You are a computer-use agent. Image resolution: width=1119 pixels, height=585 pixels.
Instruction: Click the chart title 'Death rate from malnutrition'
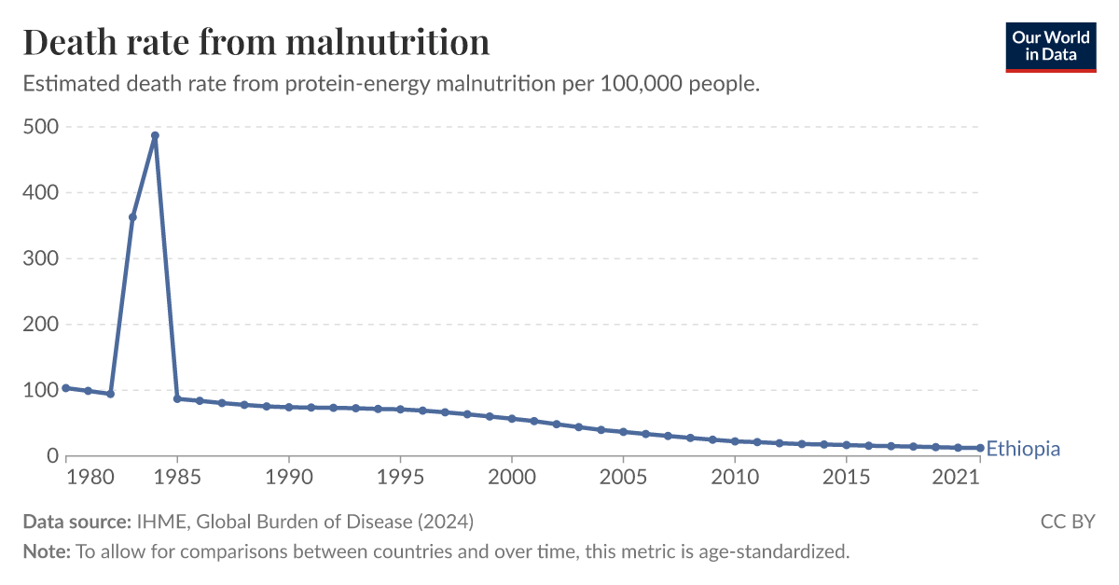[256, 42]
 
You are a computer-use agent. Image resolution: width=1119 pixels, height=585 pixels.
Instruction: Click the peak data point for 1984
[155, 135]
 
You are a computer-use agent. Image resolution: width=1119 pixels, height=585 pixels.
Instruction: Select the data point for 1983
[132, 217]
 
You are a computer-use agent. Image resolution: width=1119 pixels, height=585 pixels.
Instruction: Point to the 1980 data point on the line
[65, 387]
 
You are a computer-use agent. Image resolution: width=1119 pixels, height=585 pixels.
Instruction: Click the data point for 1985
[177, 398]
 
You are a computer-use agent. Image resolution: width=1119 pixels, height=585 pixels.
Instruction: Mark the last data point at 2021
[980, 448]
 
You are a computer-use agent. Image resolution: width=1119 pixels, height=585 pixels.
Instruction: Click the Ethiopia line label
[1023, 449]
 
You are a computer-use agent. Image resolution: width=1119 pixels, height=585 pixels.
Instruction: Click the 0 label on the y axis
[52, 456]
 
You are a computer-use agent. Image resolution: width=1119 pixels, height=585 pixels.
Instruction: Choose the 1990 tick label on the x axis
[288, 478]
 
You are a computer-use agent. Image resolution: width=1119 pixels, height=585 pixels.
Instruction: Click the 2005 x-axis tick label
[623, 478]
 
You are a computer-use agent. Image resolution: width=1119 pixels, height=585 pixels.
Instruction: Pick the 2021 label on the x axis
[957, 478]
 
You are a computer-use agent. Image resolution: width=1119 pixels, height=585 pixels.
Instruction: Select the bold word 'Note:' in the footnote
[47, 551]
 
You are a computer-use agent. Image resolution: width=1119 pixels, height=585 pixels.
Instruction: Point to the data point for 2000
[512, 418]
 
